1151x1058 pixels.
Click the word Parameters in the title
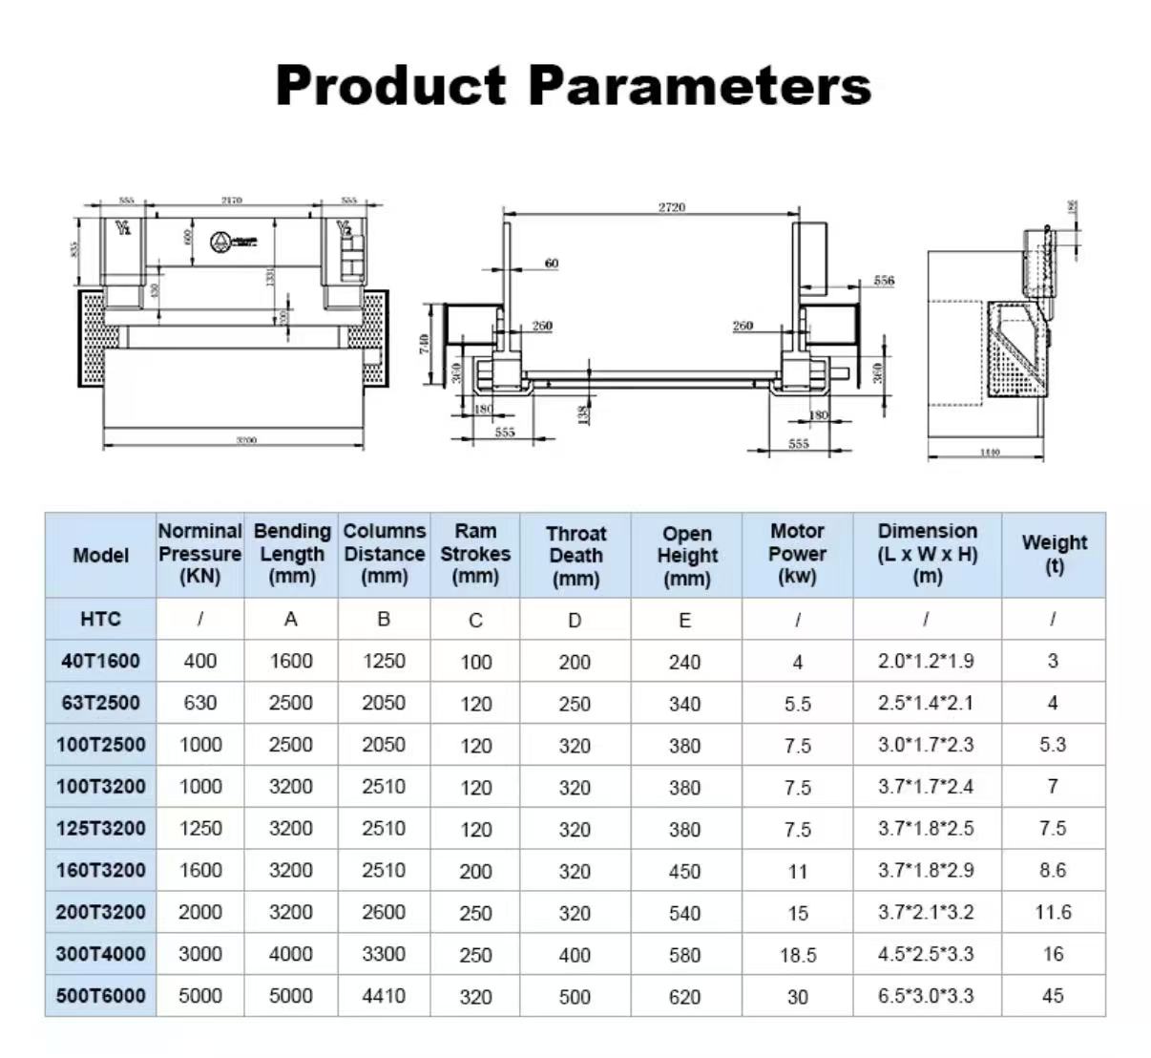coord(699,85)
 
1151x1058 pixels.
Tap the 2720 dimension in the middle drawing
coord(671,207)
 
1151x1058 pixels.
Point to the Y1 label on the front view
coord(123,228)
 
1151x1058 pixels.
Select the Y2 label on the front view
coord(345,229)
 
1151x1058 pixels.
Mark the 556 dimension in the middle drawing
coord(884,281)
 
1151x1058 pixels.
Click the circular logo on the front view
coord(220,242)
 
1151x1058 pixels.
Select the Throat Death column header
coord(575,555)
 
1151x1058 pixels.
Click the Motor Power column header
coord(797,554)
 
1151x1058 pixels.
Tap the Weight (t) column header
coord(1054,553)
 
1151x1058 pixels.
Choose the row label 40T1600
coord(100,661)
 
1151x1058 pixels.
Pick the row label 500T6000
coord(100,996)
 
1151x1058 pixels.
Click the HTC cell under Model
coord(100,619)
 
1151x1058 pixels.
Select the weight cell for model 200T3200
coord(1053,912)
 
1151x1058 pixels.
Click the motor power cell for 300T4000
coord(797,955)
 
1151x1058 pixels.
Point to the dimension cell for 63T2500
coord(926,703)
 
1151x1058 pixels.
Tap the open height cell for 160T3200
coord(684,871)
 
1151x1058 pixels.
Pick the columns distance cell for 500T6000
coord(384,996)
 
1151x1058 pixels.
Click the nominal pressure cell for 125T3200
coord(199,829)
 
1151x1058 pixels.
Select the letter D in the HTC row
coord(575,621)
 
